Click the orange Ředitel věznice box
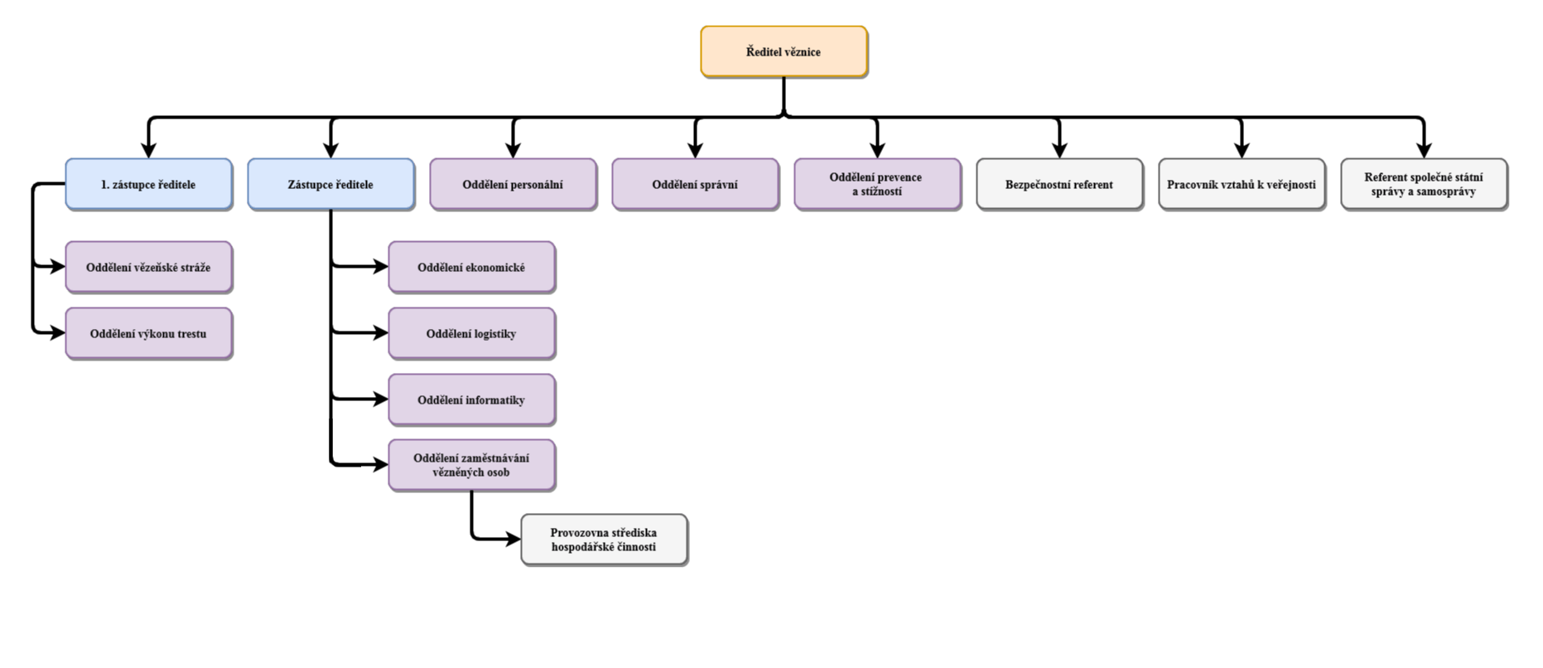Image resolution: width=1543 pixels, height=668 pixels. tap(784, 51)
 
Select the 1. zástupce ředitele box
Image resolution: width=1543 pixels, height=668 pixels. tap(148, 184)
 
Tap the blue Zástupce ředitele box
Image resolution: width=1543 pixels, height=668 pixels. tap(330, 184)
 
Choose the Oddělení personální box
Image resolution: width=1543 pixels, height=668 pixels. tap(513, 184)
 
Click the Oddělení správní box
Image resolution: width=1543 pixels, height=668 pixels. tap(695, 184)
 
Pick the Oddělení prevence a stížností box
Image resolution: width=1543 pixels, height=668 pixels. tap(877, 184)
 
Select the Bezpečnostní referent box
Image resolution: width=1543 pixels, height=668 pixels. tap(1059, 184)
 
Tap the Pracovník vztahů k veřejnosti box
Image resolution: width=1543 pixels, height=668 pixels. tap(1242, 184)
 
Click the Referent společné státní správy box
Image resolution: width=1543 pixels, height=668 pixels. tap(1424, 184)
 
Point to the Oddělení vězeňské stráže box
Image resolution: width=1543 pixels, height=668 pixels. tap(148, 268)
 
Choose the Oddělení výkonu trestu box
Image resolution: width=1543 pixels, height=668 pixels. tap(148, 334)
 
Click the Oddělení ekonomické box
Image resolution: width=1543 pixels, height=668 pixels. tap(471, 267)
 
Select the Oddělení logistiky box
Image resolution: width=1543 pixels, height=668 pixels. tap(471, 333)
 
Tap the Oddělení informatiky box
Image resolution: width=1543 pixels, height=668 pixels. tap(471, 399)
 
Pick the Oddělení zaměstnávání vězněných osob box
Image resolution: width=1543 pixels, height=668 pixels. tap(471, 466)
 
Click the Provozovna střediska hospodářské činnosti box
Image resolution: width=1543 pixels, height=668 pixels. tap(604, 540)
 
